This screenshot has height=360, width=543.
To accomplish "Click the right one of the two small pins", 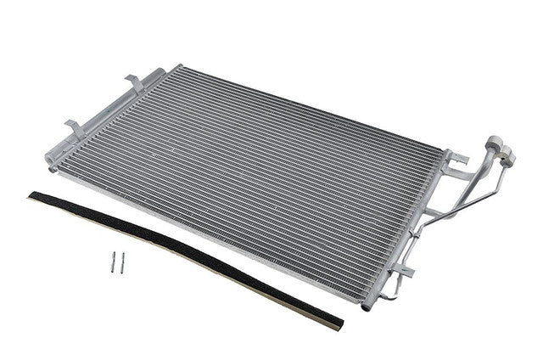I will point(122,263).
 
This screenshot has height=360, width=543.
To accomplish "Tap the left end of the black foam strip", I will point(34,197).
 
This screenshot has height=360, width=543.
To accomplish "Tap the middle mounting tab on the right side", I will point(433,212).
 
